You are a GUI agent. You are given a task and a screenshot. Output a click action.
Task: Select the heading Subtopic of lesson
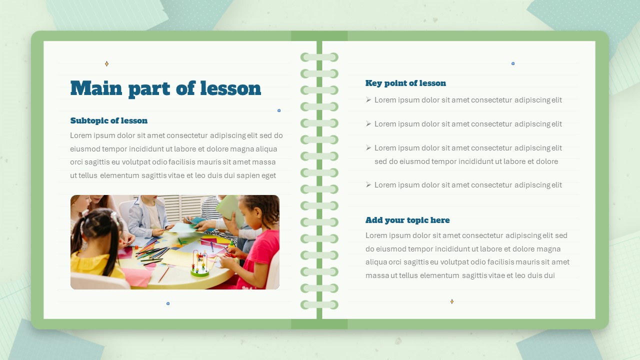click(109, 120)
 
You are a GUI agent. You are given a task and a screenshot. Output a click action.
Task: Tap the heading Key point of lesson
click(405, 83)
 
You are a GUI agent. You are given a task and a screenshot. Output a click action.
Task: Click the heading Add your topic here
click(407, 220)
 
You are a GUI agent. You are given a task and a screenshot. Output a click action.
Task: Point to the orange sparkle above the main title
click(106, 63)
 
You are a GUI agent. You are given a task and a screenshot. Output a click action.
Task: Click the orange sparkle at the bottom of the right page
click(451, 301)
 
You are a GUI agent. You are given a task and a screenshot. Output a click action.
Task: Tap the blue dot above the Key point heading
click(513, 63)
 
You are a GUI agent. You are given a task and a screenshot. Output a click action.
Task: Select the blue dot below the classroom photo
click(168, 303)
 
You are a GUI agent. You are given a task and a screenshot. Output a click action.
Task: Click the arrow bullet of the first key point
click(368, 99)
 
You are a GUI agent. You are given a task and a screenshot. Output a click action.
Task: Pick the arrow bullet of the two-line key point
click(368, 147)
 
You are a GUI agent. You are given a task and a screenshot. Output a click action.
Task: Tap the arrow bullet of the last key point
click(368, 185)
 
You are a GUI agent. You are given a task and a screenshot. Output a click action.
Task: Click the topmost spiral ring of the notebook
click(319, 57)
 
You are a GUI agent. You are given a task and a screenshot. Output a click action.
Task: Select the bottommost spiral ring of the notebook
click(319, 304)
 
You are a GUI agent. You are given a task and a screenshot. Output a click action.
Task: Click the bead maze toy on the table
click(199, 264)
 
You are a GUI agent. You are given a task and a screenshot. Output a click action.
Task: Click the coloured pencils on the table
click(151, 254)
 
